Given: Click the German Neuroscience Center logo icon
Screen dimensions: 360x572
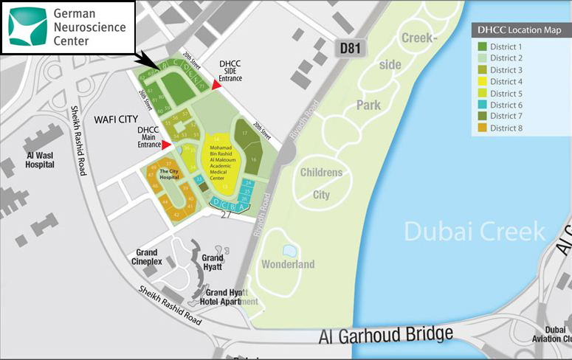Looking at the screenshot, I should [x=27, y=27].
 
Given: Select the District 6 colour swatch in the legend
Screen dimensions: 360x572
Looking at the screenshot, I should [x=483, y=105].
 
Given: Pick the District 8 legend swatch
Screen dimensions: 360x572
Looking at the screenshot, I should [x=483, y=128].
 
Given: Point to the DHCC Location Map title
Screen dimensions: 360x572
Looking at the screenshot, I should [x=521, y=31].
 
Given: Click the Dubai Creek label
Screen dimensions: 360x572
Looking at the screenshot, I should [x=474, y=231].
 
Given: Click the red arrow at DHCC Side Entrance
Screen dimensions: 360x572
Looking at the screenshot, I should [x=216, y=86].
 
